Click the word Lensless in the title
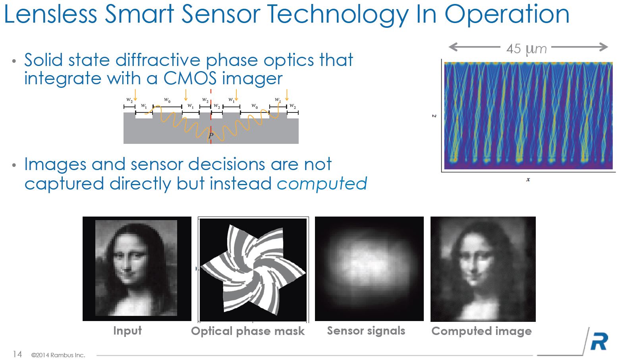click(x=50, y=14)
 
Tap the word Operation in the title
click(x=507, y=14)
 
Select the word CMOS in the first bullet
click(x=190, y=78)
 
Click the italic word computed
click(x=322, y=184)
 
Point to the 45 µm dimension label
click(x=526, y=49)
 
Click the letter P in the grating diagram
click(x=211, y=135)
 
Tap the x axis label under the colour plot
click(x=528, y=180)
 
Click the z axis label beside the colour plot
click(x=434, y=116)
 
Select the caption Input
click(x=127, y=331)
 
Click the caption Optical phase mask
click(x=248, y=331)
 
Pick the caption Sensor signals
click(x=366, y=331)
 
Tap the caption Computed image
click(x=481, y=331)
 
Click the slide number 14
click(x=17, y=354)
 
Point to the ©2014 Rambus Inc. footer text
click(x=58, y=355)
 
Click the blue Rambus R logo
click(x=599, y=341)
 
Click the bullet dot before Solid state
click(x=14, y=60)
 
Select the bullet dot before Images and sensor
click(x=14, y=165)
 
